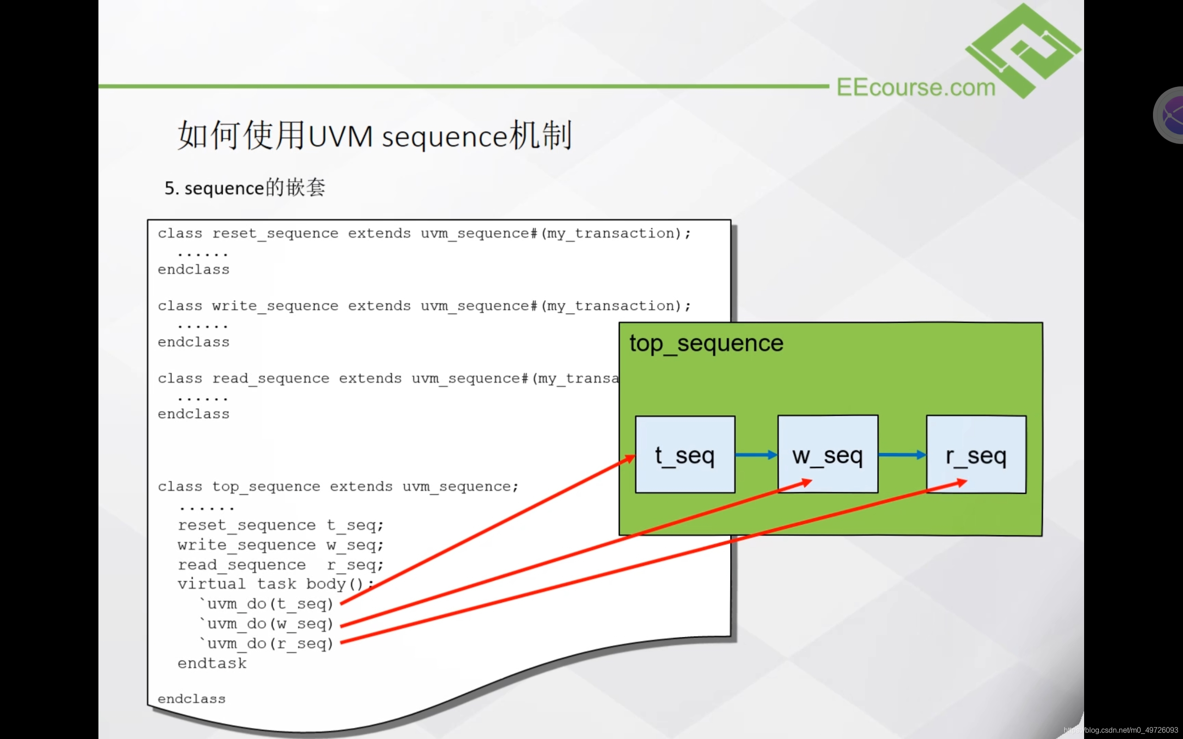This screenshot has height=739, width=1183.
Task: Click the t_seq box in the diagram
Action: click(684, 454)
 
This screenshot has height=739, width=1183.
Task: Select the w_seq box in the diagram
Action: click(827, 454)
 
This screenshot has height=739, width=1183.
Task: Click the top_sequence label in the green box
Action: click(706, 343)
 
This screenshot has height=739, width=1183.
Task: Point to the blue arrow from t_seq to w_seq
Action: click(756, 455)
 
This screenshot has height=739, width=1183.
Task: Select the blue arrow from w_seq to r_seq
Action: click(902, 455)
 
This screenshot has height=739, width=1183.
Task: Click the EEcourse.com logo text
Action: click(915, 87)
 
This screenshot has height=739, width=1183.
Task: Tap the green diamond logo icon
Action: click(1023, 49)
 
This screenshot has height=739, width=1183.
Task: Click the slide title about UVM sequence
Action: click(374, 135)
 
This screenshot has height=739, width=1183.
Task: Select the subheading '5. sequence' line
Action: click(245, 188)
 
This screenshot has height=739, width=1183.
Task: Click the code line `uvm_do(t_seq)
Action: click(267, 604)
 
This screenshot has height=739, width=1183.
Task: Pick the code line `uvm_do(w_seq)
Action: click(267, 624)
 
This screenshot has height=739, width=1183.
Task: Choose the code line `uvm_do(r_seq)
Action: click(267, 644)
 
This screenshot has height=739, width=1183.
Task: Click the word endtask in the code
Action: click(212, 663)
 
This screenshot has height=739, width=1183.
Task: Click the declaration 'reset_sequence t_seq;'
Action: click(281, 526)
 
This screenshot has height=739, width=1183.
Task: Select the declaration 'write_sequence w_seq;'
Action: click(281, 545)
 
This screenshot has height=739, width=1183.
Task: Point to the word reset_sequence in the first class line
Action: click(275, 234)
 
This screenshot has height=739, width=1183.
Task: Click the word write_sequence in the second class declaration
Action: click(275, 306)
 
